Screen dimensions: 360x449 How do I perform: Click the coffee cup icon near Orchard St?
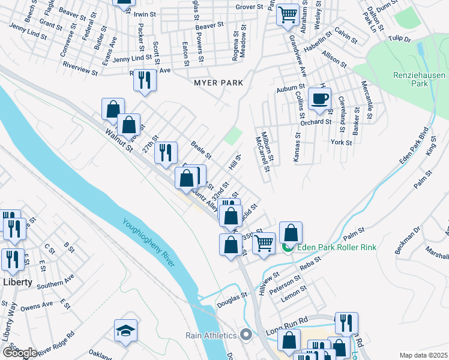[319, 98]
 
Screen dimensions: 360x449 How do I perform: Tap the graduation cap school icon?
[125, 331]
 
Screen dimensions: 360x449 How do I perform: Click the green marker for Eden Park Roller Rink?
[288, 247]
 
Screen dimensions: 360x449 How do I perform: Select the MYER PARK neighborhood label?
[218, 83]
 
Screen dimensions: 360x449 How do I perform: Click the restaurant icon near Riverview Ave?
[144, 80]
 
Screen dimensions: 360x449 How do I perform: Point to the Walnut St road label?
[118, 140]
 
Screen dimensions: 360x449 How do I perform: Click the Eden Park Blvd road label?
[414, 146]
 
